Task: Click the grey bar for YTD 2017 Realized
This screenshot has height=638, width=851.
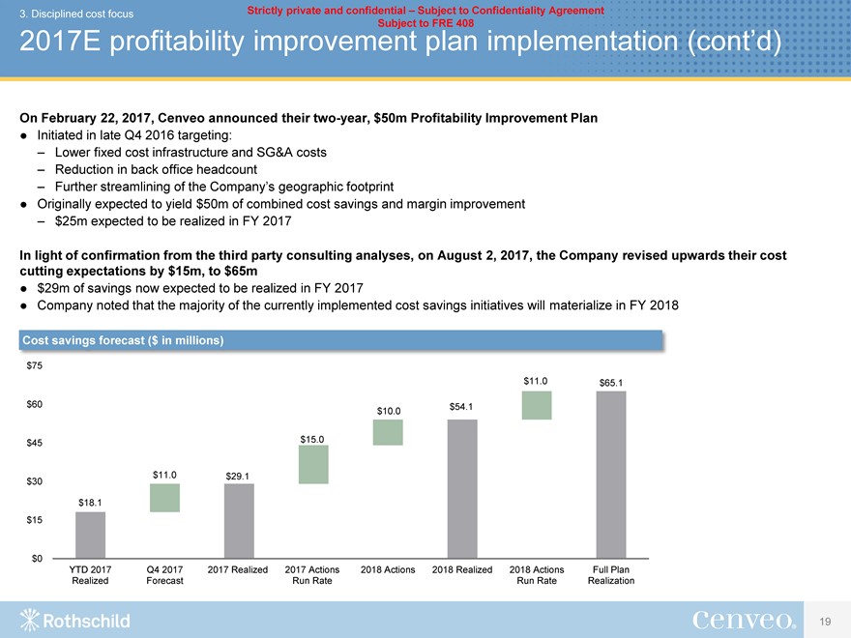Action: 90,535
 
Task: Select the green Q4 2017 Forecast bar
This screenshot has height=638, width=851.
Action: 164,497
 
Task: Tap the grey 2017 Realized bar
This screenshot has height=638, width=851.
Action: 239,520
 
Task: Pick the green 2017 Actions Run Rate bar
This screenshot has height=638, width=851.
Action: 313,464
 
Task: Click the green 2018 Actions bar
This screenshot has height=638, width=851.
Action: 388,432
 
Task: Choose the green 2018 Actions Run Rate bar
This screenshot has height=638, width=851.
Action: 537,405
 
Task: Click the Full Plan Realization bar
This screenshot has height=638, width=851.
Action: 611,475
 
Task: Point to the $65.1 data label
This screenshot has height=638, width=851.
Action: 611,383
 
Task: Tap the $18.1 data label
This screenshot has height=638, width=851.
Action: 90,502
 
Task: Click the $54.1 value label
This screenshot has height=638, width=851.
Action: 462,406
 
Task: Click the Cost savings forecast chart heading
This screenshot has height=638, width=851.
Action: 124,340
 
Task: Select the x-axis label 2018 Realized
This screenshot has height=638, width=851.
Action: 462,569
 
